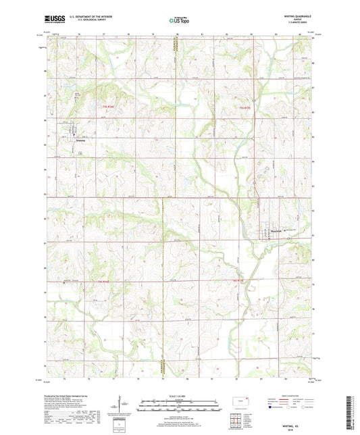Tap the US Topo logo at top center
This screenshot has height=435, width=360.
[179, 20]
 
